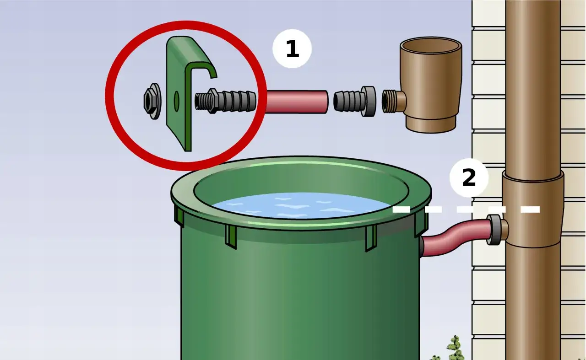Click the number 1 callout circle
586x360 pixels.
(x=292, y=48)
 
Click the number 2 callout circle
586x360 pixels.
(x=469, y=178)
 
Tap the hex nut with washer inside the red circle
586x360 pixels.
(x=152, y=101)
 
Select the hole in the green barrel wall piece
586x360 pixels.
(x=177, y=101)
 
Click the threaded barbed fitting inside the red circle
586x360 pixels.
(x=225, y=101)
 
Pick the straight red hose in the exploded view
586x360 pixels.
(x=297, y=102)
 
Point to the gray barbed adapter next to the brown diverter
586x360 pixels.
(x=355, y=101)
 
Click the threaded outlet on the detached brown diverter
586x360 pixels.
(x=394, y=102)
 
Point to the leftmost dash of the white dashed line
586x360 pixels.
(x=401, y=210)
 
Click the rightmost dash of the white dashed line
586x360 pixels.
(x=530, y=210)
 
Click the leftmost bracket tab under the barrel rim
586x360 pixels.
(x=179, y=216)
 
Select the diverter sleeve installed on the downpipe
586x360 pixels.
(x=533, y=209)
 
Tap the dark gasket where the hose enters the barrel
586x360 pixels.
(x=422, y=246)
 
